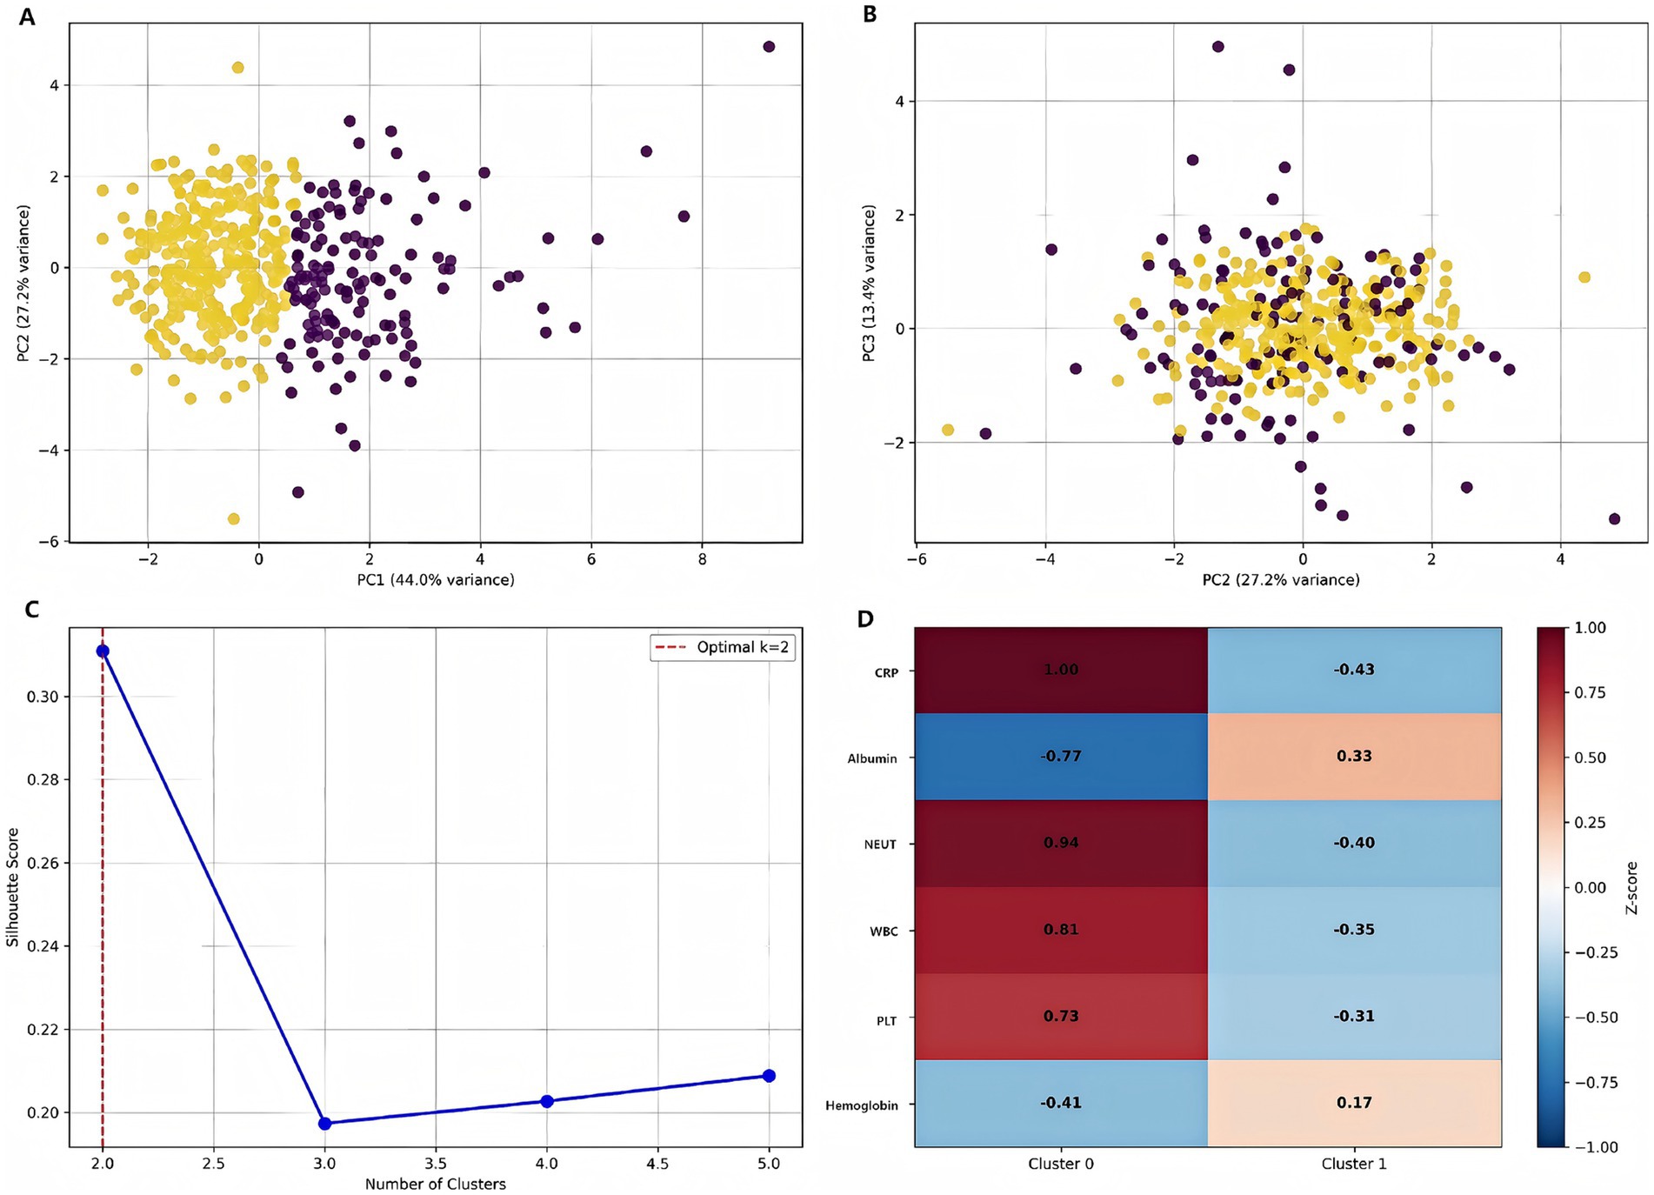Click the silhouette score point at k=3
tap(325, 1123)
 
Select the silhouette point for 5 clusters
tap(769, 1076)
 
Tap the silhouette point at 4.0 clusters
tap(547, 1101)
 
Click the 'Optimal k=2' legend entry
tap(723, 647)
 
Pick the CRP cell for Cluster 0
tap(1061, 670)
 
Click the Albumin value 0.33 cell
tap(1354, 756)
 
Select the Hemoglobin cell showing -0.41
tap(1061, 1103)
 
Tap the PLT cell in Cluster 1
tap(1354, 1016)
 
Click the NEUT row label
tap(880, 845)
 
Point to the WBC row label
tap(884, 931)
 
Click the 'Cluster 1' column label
tap(1354, 1164)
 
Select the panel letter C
tap(32, 610)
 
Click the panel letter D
tap(865, 619)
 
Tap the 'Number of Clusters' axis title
tap(435, 1184)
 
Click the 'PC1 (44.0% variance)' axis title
tap(435, 579)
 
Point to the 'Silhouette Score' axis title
tap(13, 887)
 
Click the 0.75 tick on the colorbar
tap(1590, 692)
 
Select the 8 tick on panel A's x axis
tap(703, 559)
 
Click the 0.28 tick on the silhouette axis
tap(43, 779)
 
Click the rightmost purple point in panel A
tap(769, 47)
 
